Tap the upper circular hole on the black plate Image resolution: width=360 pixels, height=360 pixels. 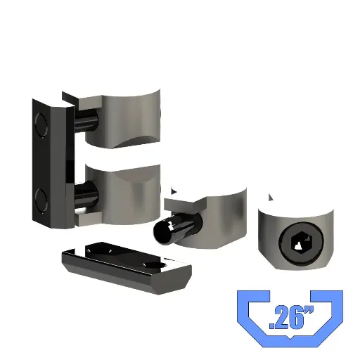pyautogui.click(x=41, y=124)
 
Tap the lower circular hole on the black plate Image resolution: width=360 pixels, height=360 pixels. pyautogui.click(x=41, y=200)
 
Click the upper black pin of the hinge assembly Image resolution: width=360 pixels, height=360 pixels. pyautogui.click(x=86, y=121)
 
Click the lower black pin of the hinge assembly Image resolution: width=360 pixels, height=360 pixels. pyautogui.click(x=86, y=195)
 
